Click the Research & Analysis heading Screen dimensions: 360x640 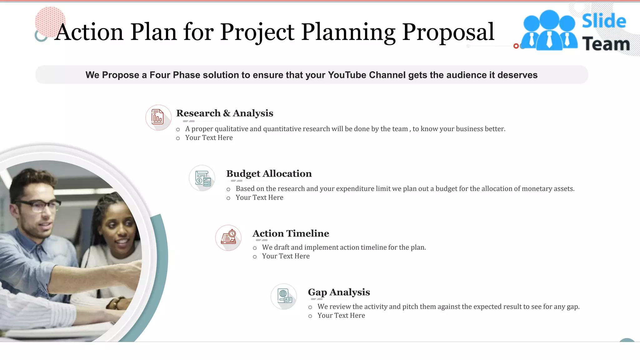(x=224, y=113)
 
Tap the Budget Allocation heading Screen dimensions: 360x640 (x=269, y=173)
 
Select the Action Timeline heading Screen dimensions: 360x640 (x=291, y=233)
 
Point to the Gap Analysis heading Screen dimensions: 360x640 (x=339, y=292)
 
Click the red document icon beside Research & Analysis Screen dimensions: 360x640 (x=158, y=117)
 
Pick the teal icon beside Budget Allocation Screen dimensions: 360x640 (x=202, y=178)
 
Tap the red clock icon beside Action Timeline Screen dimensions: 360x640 (x=228, y=238)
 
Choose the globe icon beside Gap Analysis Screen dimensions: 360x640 (x=284, y=296)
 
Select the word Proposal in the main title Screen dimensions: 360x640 (x=448, y=32)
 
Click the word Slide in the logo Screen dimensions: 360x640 (x=604, y=21)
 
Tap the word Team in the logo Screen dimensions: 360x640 (x=606, y=44)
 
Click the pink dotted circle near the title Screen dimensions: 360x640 (x=50, y=21)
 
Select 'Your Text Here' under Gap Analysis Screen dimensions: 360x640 (x=341, y=316)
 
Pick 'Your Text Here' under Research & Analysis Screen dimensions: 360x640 (x=209, y=138)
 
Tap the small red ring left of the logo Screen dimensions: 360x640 (x=516, y=46)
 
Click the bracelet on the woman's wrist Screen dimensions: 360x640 (x=116, y=302)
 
